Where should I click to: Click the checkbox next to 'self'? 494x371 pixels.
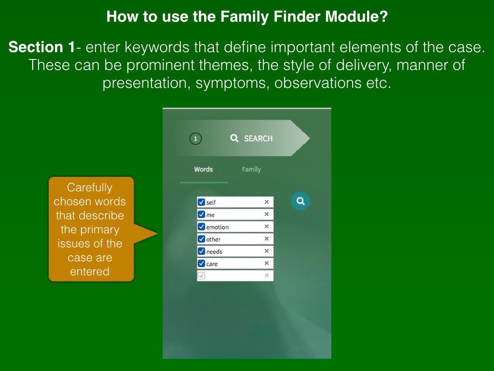click(x=201, y=202)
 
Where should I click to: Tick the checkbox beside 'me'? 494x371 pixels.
click(x=201, y=214)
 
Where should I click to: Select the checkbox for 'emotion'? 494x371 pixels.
click(x=201, y=227)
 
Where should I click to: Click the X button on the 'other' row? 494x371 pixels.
click(x=266, y=239)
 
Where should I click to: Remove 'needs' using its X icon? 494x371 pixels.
click(x=266, y=251)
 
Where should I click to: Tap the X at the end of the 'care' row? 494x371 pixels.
click(x=266, y=263)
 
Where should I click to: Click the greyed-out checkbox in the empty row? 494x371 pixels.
click(x=201, y=275)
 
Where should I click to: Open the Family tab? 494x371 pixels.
click(x=251, y=170)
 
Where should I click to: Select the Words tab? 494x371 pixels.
click(x=204, y=170)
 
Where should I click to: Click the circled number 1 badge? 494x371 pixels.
click(x=195, y=139)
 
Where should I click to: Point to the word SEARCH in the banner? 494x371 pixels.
click(x=259, y=139)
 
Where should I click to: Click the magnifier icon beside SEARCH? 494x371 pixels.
click(x=234, y=138)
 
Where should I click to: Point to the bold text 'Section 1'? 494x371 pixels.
click(x=41, y=47)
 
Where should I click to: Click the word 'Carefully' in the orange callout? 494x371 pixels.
click(x=90, y=187)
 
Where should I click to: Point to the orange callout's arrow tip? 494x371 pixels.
click(x=158, y=234)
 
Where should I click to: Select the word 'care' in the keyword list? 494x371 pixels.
click(x=212, y=264)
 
